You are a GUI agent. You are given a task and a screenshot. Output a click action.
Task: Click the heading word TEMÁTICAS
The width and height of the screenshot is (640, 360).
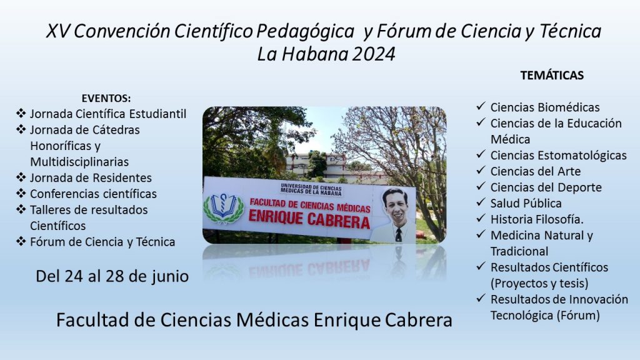552,75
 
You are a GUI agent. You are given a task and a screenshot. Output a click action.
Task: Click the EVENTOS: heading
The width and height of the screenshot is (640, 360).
106,98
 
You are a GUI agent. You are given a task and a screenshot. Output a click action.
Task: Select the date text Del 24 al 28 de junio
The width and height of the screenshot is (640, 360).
112,276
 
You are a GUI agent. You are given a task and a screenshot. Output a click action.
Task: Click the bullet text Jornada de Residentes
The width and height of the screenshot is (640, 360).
91,178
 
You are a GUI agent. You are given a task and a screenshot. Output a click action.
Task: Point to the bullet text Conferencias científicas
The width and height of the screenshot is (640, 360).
94,194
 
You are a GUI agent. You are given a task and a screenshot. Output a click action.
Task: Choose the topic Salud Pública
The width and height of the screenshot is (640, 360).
526,203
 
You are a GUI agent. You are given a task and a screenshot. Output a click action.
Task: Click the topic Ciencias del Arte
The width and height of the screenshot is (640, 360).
536,171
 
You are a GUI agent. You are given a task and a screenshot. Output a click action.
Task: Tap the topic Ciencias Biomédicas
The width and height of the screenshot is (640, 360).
545,107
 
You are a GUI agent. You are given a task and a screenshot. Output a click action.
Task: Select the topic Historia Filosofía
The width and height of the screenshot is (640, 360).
537,219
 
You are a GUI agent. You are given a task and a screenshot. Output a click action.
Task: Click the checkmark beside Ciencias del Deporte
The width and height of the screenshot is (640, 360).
481,186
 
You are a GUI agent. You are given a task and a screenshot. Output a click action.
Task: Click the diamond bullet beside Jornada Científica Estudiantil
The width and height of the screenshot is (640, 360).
21,113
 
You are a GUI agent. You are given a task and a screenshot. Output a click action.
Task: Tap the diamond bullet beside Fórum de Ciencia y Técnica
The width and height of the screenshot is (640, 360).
21,241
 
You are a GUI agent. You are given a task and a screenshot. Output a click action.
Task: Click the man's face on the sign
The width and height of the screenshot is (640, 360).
396,207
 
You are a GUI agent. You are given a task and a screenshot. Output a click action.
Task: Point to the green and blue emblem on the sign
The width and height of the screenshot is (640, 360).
224,208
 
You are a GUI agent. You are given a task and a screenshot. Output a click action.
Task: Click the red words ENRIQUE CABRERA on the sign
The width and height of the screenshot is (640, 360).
309,219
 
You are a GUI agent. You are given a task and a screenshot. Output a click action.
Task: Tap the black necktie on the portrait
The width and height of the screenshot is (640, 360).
398,235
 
